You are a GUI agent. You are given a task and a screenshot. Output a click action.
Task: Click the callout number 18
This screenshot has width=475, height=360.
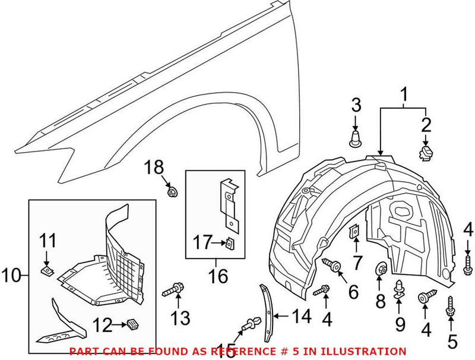pyautogui.click(x=154, y=168)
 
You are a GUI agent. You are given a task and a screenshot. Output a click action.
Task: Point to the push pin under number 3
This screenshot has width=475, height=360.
pyautogui.click(x=354, y=140)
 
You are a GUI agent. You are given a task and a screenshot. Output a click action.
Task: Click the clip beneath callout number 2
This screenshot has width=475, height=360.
pyautogui.click(x=425, y=153)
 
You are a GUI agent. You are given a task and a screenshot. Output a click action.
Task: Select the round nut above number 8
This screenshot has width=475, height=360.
pyautogui.click(x=381, y=270)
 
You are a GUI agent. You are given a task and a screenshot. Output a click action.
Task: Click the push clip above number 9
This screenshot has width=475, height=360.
pyautogui.click(x=400, y=288)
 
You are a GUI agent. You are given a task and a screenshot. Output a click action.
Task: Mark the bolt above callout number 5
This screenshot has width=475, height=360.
pyautogui.click(x=451, y=307)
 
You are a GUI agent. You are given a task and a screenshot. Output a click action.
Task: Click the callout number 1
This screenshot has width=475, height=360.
pyautogui.click(x=404, y=94)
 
